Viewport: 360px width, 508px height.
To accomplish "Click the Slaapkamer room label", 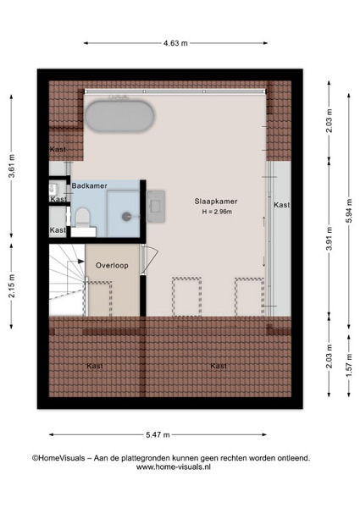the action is (216, 202).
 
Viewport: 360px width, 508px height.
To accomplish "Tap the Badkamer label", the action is (90, 185).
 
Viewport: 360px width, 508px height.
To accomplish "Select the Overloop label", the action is (112, 265).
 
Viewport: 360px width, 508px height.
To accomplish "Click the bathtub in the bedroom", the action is (119, 116).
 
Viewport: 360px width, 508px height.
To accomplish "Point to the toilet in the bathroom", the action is (83, 217).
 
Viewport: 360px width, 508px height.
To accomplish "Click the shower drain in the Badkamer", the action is (126, 217).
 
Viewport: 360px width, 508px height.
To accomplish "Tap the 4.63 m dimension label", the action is (175, 43).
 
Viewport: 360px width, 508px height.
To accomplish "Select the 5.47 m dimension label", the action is (158, 435).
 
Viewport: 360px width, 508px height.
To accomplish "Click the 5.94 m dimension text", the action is (349, 210).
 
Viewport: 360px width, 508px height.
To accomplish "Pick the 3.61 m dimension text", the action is (12, 166).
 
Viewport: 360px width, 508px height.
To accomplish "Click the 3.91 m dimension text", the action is (330, 239).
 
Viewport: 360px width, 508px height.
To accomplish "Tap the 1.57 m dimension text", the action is (349, 366).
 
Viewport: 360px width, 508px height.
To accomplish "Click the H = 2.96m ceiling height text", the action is (217, 212).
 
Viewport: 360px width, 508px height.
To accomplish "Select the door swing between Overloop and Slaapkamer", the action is (150, 259).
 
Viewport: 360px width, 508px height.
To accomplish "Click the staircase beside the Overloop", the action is (67, 280).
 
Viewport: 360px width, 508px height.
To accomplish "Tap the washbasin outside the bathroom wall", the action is (156, 207).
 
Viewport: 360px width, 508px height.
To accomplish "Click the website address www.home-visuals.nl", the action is (174, 467).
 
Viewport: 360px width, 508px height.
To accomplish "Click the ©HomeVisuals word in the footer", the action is (58, 458).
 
